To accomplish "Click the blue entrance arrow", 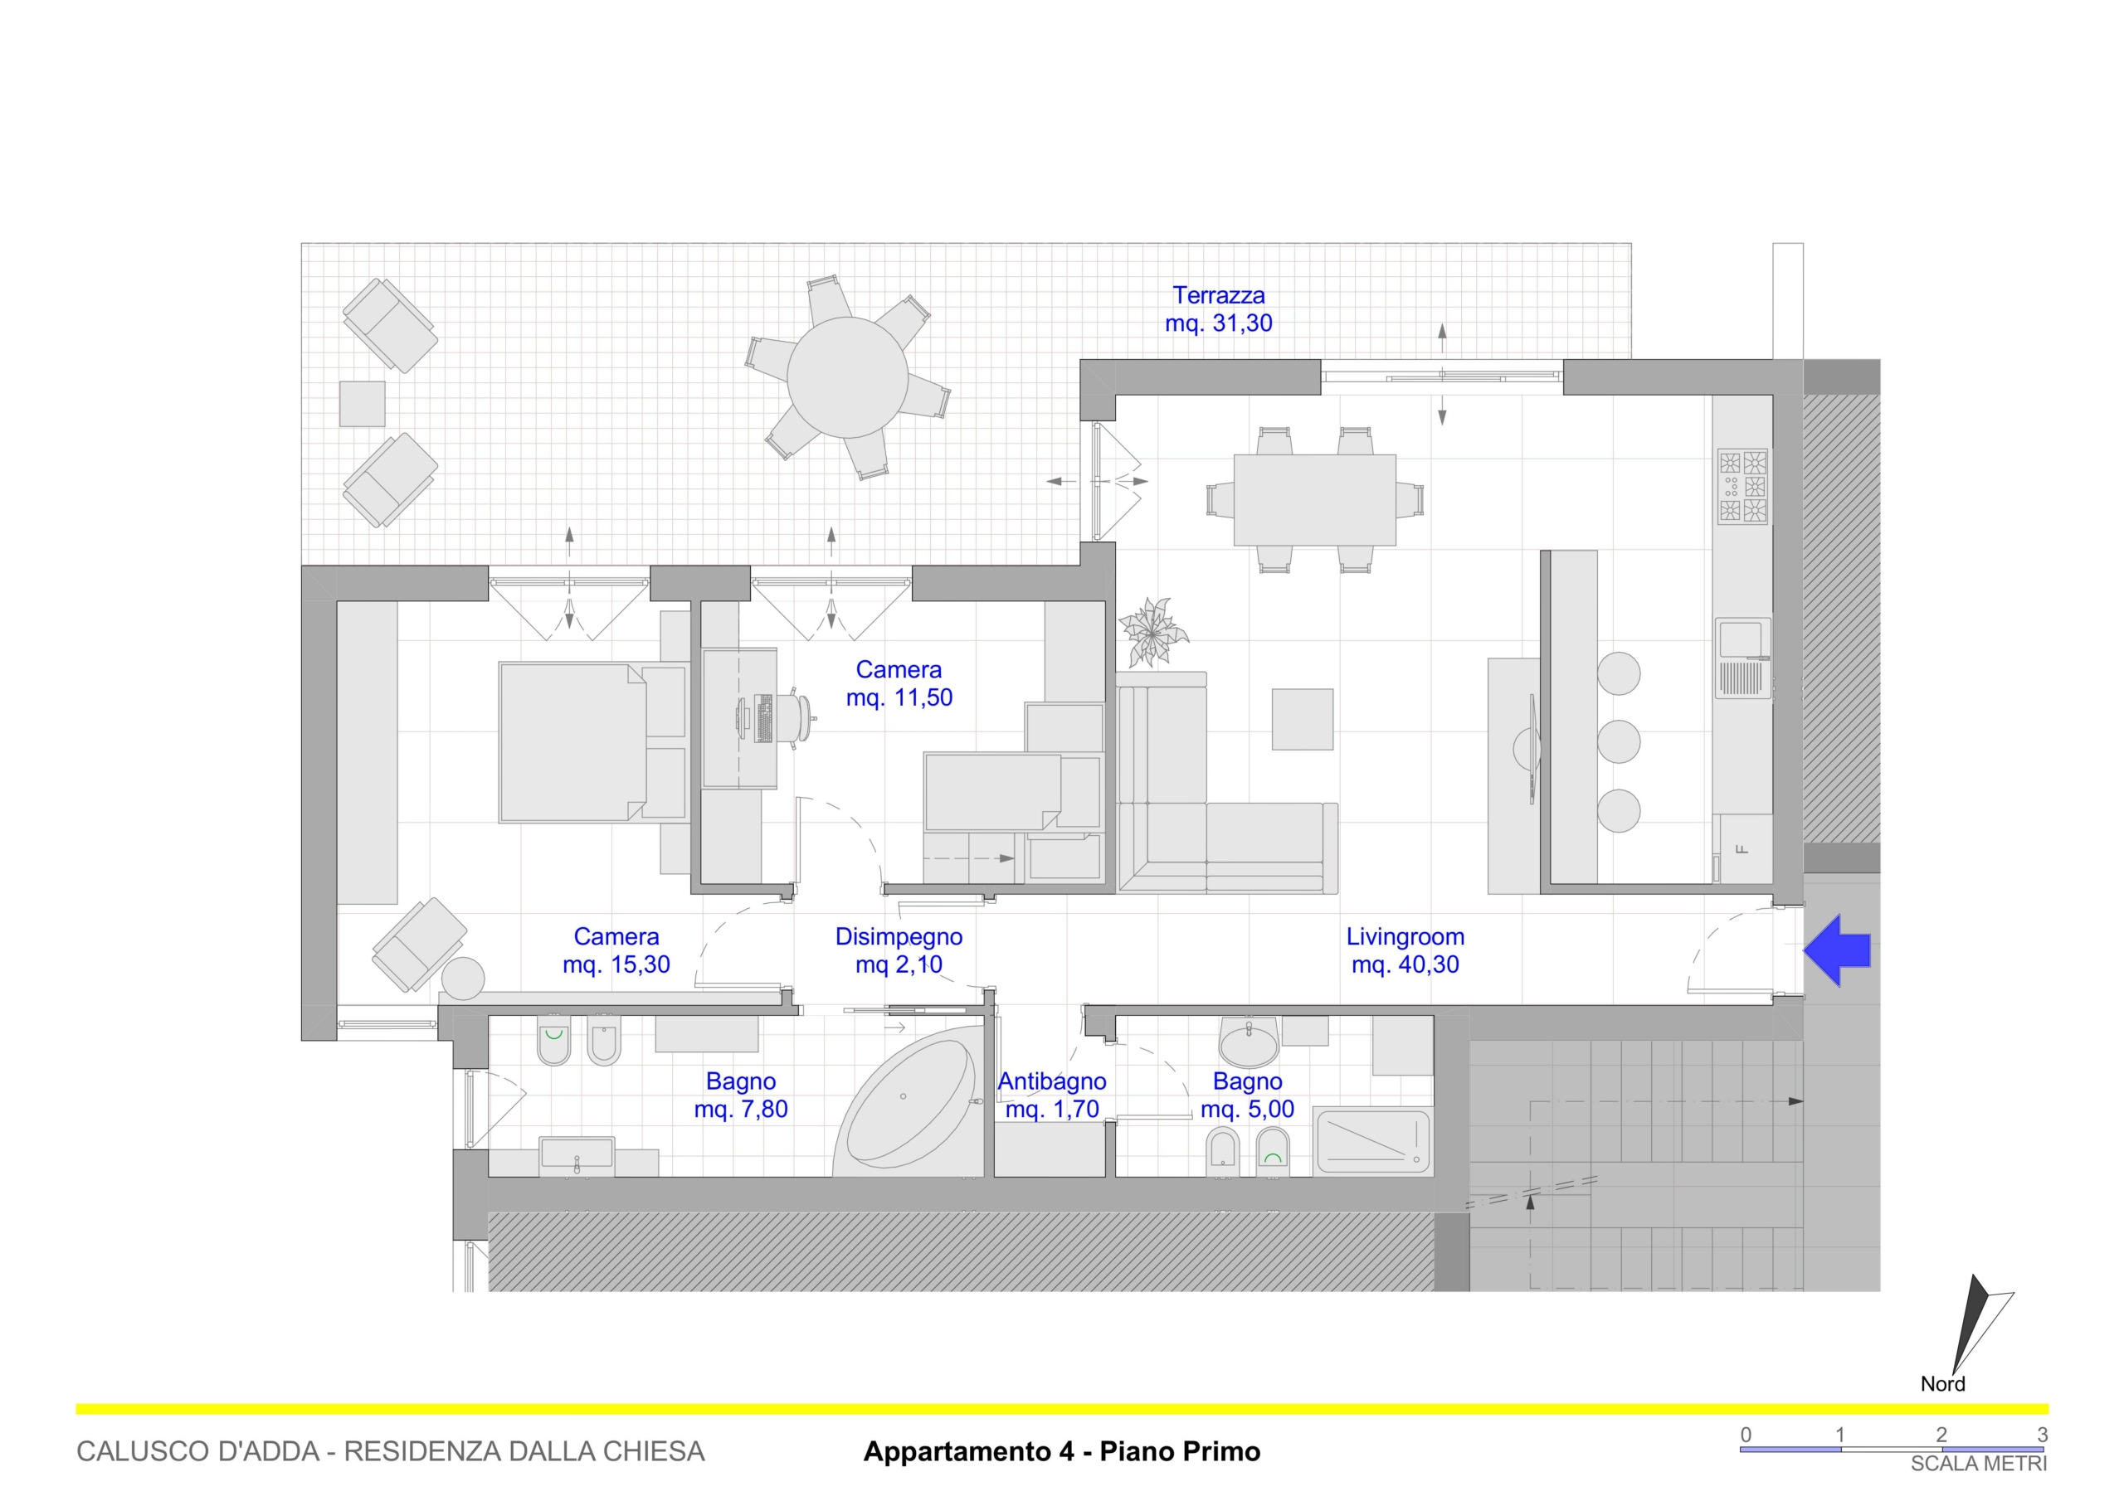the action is tap(1836, 950).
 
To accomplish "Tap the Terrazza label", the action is tap(1218, 295).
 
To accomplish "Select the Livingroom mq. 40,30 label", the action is tap(1405, 950).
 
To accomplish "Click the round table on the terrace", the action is tap(847, 377).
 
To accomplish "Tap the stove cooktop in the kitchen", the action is tap(1743, 487).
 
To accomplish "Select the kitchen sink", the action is tap(1744, 658).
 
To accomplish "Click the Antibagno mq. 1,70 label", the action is tap(1052, 1095).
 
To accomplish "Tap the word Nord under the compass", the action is tap(1942, 1383).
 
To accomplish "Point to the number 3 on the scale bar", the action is tap(2043, 1435).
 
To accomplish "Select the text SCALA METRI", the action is tap(1979, 1464).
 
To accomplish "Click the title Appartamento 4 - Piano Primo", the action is tap(1062, 1451).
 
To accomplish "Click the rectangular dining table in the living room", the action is tap(1314, 500).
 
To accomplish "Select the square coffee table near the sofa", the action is tap(1303, 719).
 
